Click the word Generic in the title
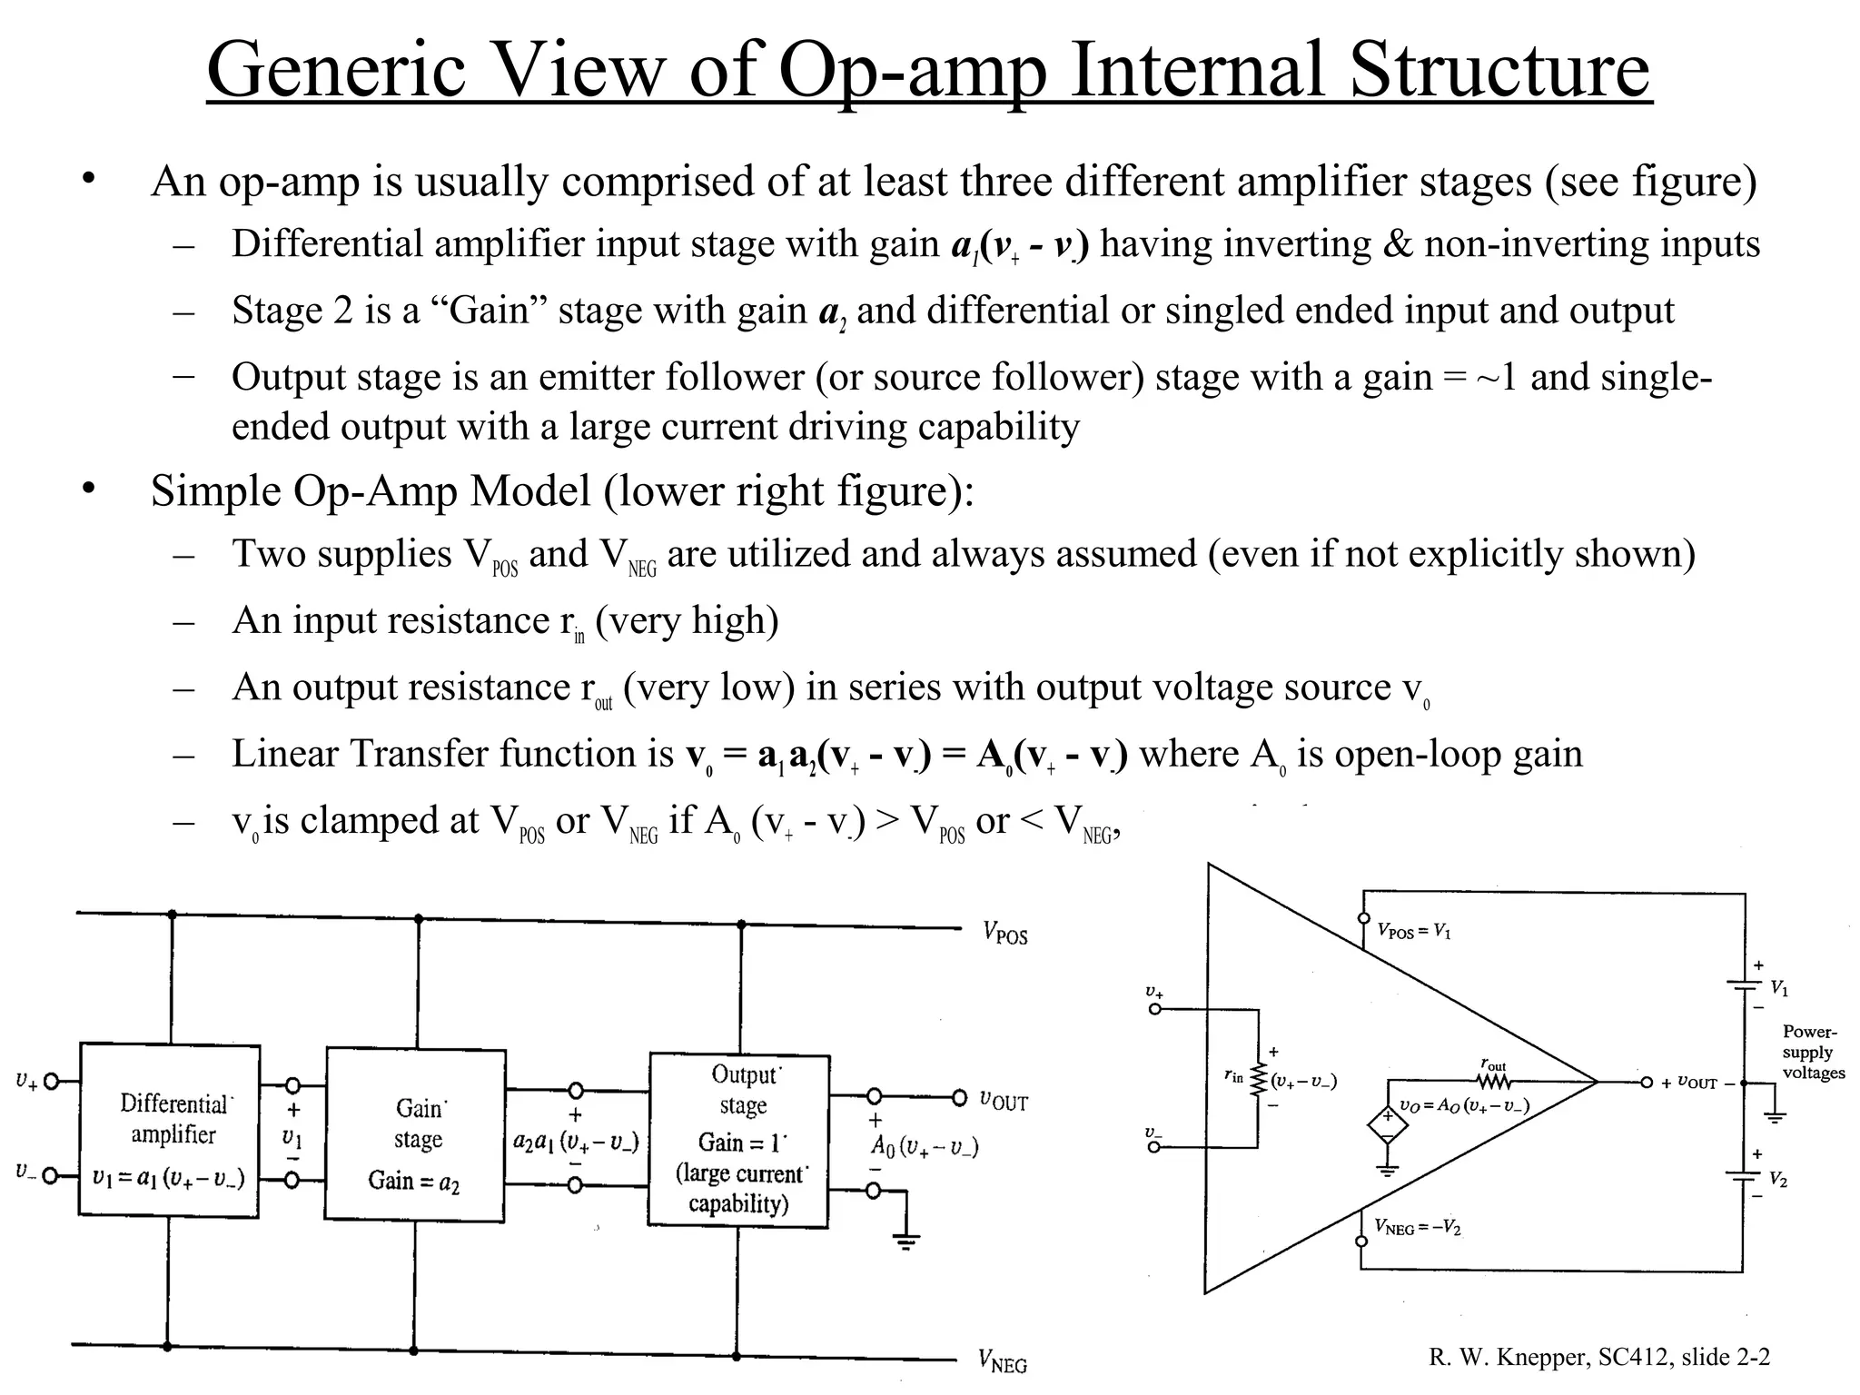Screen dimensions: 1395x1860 (x=336, y=71)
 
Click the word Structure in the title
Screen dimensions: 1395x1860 (x=1499, y=71)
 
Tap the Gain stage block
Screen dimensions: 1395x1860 (x=415, y=1134)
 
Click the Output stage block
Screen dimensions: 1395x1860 (x=739, y=1140)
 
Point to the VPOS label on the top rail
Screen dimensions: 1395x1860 (x=1004, y=933)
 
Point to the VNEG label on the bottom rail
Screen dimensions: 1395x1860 (x=1003, y=1361)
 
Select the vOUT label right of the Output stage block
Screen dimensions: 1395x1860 (x=1004, y=1101)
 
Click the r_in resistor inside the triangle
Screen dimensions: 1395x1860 (x=1259, y=1080)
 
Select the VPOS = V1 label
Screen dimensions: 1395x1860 (x=1414, y=931)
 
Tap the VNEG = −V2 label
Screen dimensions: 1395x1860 (x=1417, y=1228)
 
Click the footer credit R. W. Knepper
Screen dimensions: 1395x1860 (x=1508, y=1357)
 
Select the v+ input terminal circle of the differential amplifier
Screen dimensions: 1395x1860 (x=52, y=1081)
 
